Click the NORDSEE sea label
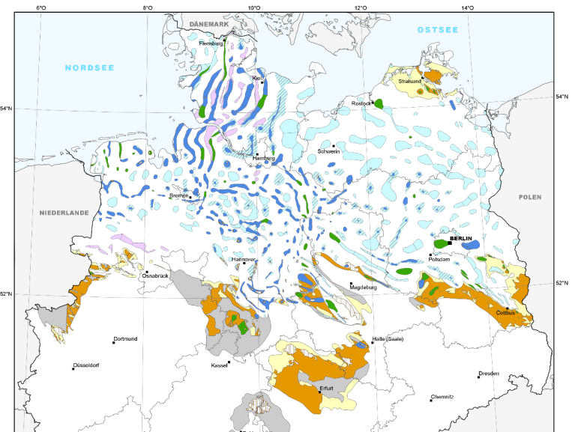click(89, 67)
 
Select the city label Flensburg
click(211, 43)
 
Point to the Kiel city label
click(256, 78)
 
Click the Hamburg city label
click(264, 159)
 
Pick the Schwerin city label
click(329, 151)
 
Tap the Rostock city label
click(361, 103)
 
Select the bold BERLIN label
click(461, 238)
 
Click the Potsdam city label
click(439, 259)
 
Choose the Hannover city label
click(244, 259)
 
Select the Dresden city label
click(488, 373)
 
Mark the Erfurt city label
click(326, 389)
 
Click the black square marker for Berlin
click(449, 243)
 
